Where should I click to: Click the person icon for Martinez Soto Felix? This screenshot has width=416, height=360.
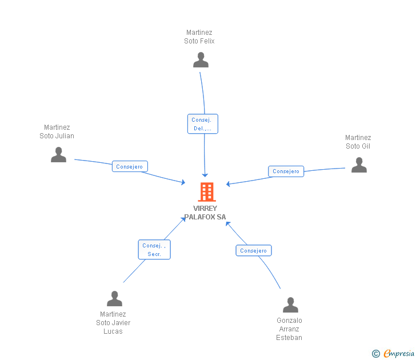point(201,60)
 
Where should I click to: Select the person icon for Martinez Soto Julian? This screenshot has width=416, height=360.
point(58,155)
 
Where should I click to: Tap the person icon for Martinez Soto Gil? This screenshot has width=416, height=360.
point(359,165)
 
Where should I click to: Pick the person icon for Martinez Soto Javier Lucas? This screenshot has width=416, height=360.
point(114,299)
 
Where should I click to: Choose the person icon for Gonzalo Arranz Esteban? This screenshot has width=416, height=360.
point(290,305)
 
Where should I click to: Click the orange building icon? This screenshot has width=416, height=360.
point(206,192)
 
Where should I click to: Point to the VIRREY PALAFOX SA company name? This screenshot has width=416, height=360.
point(205,213)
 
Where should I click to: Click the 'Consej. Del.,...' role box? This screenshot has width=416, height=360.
point(202,124)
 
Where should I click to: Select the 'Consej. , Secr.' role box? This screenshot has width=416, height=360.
point(154,250)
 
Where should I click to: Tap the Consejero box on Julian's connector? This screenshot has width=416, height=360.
point(130,167)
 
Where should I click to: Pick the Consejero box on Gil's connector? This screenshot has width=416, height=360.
point(286,171)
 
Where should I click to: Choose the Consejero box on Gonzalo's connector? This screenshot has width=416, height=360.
point(254,250)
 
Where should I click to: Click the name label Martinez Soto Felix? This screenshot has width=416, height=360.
point(199,37)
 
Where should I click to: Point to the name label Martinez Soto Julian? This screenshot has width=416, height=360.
point(57,131)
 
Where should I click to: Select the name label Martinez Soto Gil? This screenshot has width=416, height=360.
point(358,142)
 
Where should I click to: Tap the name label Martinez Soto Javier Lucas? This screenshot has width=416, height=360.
point(113,323)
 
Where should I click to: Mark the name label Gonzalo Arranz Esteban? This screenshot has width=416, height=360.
point(289,329)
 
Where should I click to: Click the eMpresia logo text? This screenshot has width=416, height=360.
point(399,354)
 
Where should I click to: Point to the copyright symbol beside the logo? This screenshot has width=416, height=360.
point(376,354)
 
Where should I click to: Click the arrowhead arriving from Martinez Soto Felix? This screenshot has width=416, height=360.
point(205,175)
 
